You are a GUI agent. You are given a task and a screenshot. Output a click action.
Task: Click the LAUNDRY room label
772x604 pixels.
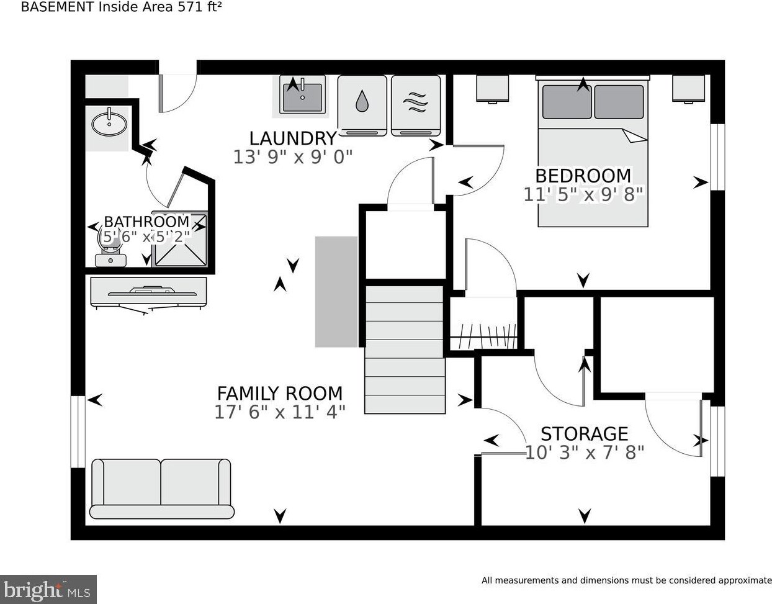[x=292, y=138]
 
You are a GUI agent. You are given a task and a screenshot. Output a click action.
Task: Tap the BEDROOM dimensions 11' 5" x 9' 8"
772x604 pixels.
[x=583, y=195]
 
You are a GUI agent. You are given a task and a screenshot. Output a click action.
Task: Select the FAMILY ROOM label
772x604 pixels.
[x=279, y=394]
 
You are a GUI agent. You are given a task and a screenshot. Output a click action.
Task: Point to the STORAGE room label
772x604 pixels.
[x=584, y=433]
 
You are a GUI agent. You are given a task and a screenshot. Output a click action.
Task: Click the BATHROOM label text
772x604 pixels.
[x=146, y=222]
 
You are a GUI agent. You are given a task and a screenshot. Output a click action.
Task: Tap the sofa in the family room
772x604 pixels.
[x=161, y=488]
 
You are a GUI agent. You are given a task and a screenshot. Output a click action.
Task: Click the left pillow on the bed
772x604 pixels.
[x=567, y=102]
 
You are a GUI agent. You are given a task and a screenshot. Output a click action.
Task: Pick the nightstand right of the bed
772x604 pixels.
[x=688, y=89]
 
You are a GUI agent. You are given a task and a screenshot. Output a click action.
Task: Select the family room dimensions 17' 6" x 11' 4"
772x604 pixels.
[x=279, y=412]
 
